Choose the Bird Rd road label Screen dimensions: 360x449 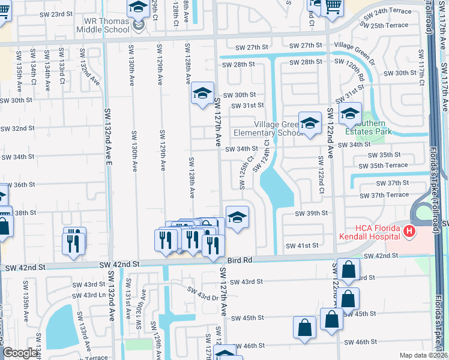(240, 260)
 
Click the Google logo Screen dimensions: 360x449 (19, 353)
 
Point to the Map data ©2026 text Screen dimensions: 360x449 (423, 355)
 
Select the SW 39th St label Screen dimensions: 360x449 (311, 213)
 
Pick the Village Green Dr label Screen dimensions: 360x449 (354, 46)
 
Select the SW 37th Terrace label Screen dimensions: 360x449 (385, 195)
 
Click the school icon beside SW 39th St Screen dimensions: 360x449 (237, 218)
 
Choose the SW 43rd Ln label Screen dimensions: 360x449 (86, 295)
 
